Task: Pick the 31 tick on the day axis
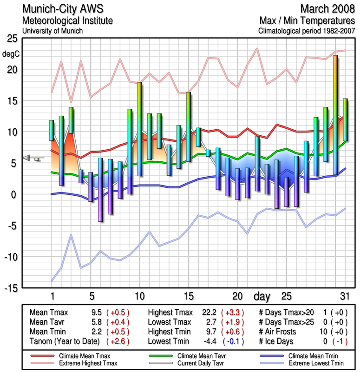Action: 344,296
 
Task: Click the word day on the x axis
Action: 263,296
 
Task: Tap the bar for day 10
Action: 139,129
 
